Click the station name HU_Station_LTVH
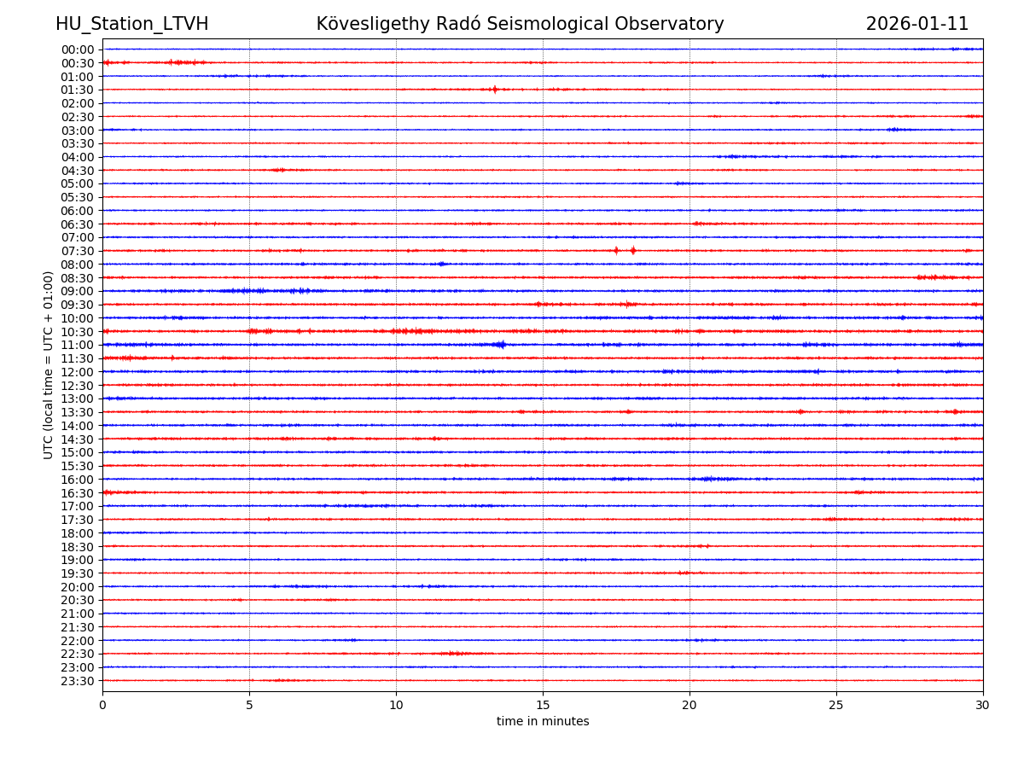pos(131,24)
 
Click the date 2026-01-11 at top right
pos(917,24)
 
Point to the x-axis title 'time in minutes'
pos(543,721)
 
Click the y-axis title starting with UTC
pos(49,364)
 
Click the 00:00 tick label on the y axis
pos(77,49)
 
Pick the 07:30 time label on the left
pos(77,251)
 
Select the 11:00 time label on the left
pos(77,345)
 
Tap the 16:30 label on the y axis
pos(77,493)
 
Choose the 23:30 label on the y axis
pos(77,681)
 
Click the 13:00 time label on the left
pos(77,399)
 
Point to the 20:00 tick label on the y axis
pos(77,587)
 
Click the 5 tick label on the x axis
pos(249,706)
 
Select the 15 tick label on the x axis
pos(543,706)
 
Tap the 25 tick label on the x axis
pos(836,706)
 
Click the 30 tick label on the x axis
pos(983,706)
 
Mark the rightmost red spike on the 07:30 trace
pos(633,250)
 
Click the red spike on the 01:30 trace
pos(494,89)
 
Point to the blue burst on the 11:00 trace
pos(500,344)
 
